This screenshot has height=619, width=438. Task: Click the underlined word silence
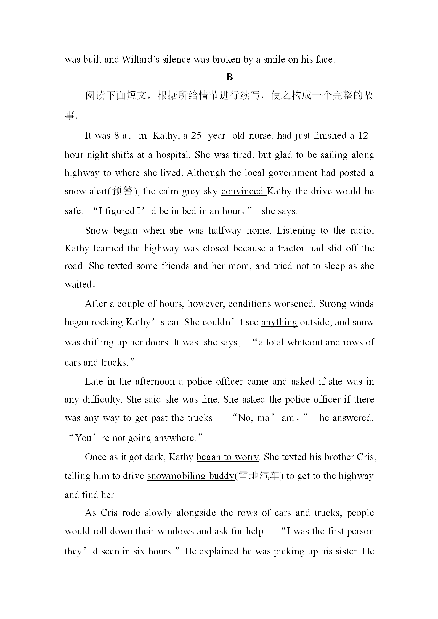tap(176, 60)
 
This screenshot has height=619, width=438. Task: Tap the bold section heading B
tap(229, 77)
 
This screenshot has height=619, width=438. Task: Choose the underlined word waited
tap(78, 284)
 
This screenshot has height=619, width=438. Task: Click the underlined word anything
tap(279, 322)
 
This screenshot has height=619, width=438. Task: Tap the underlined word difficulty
tap(102, 400)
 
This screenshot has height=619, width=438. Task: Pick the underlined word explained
tap(219, 551)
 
